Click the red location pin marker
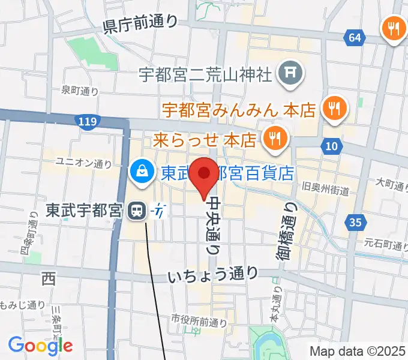tap(206, 175)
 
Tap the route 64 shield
tap(355, 38)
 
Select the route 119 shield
tap(88, 122)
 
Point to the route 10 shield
tap(332, 145)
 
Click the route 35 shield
tap(356, 223)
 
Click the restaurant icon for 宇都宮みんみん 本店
tap(331, 109)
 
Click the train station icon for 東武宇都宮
tap(138, 211)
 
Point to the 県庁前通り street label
tap(142, 25)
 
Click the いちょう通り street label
tap(213, 275)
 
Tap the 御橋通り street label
tap(286, 232)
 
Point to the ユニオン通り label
tap(83, 162)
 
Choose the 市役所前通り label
tap(199, 321)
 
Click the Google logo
tap(40, 346)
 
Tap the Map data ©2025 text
tap(358, 351)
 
